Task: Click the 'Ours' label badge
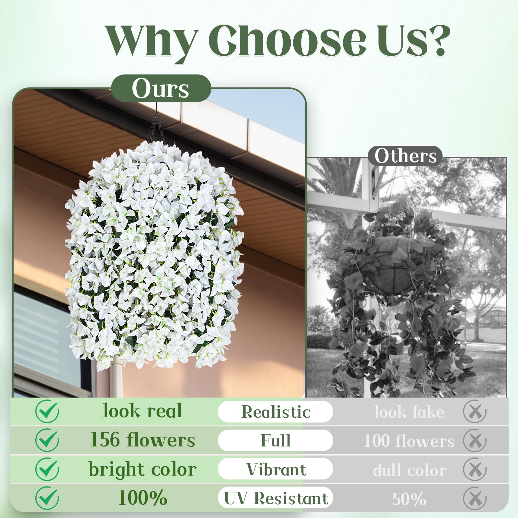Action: coord(161,88)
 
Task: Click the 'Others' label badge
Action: coord(405,156)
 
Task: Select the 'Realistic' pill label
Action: coord(276,412)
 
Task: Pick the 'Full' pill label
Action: coord(276,440)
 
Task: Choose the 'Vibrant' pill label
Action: coord(276,469)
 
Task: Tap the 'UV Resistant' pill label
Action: coord(276,498)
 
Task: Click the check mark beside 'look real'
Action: coord(47,411)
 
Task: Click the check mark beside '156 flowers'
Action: coord(47,440)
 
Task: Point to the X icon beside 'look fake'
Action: coord(475,412)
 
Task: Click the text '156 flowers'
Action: coord(142,440)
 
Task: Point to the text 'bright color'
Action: coord(142,469)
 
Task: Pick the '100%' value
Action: coord(142,498)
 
